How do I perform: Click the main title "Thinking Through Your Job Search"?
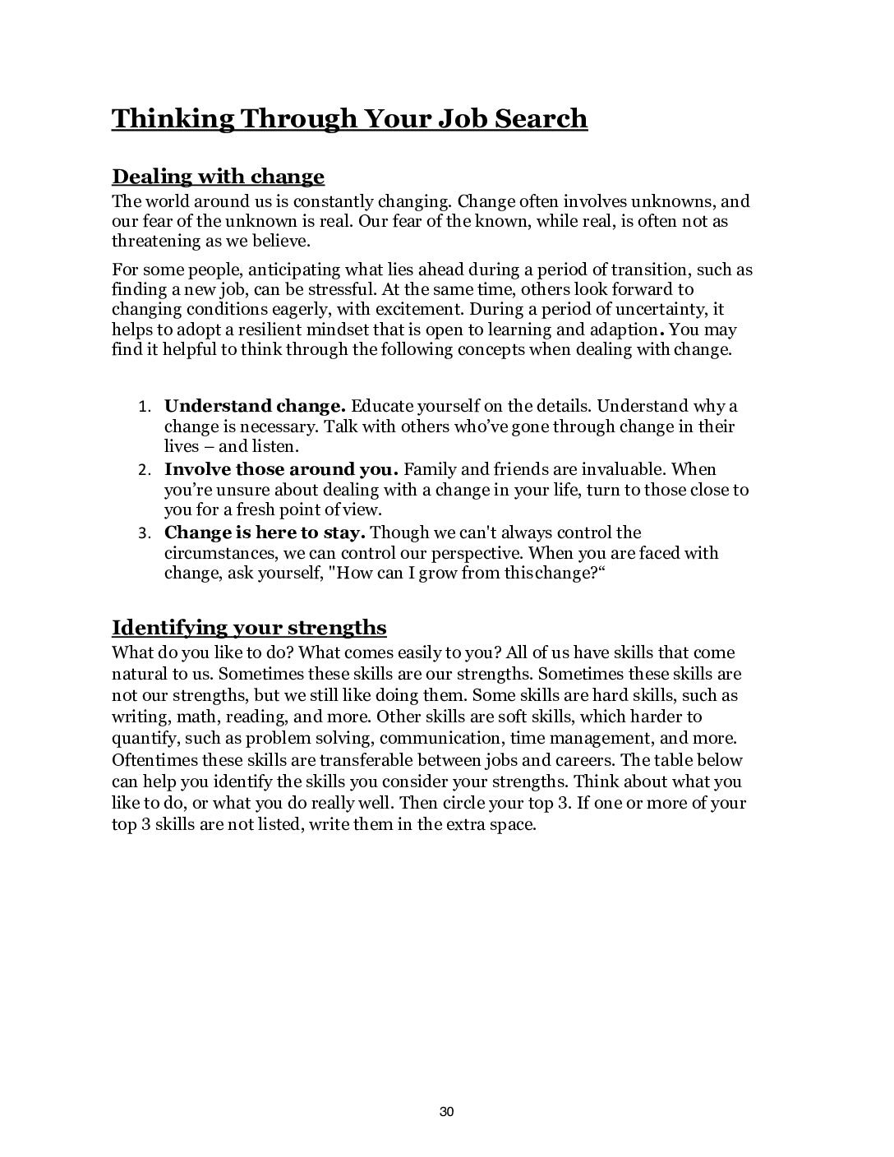pos(349,118)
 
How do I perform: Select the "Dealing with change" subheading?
pos(218,177)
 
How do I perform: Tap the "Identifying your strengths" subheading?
pos(249,628)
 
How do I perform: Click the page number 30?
pos(447,1112)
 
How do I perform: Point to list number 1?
pos(142,408)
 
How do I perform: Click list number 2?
pos(142,471)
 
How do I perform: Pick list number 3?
pos(142,534)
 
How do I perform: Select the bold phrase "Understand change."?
pos(255,406)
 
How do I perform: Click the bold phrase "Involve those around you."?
pos(281,469)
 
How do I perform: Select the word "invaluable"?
pos(622,469)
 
